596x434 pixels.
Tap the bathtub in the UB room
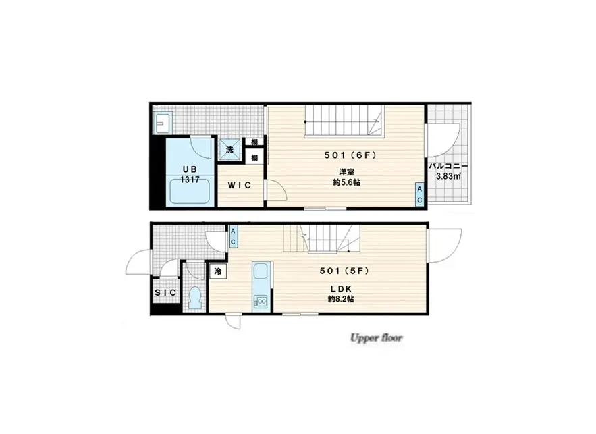[190, 191]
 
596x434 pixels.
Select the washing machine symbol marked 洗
[230, 149]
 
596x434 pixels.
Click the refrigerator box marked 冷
[218, 271]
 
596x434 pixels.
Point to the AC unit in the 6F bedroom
[420, 194]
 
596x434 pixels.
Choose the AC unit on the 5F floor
[233, 237]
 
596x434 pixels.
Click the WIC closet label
[240, 185]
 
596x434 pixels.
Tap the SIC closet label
[165, 292]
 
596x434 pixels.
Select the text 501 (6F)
[350, 155]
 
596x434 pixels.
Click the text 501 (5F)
[344, 271]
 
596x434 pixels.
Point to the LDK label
[341, 289]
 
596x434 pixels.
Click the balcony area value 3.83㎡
[449, 176]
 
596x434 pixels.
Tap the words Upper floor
[376, 338]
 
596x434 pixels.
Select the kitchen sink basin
[261, 272]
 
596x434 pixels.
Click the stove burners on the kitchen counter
[261, 302]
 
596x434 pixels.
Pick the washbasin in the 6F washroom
[163, 122]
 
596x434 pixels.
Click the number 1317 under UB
[190, 180]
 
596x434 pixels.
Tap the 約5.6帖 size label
[347, 182]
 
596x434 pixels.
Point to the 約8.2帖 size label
[341, 299]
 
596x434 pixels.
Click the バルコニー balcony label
[449, 167]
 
